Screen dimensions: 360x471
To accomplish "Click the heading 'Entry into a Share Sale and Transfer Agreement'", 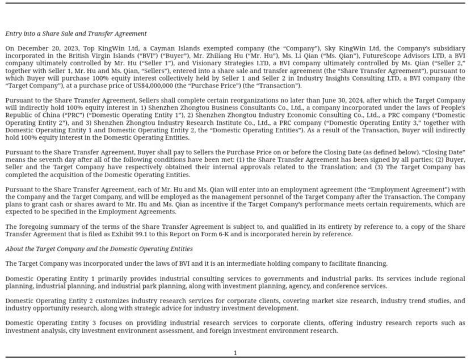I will [76, 34].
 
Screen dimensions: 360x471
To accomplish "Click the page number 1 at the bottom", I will [235, 353].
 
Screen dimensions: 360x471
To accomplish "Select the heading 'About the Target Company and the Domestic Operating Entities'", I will [99, 249].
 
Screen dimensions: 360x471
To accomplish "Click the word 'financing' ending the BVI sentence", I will [372, 263].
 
